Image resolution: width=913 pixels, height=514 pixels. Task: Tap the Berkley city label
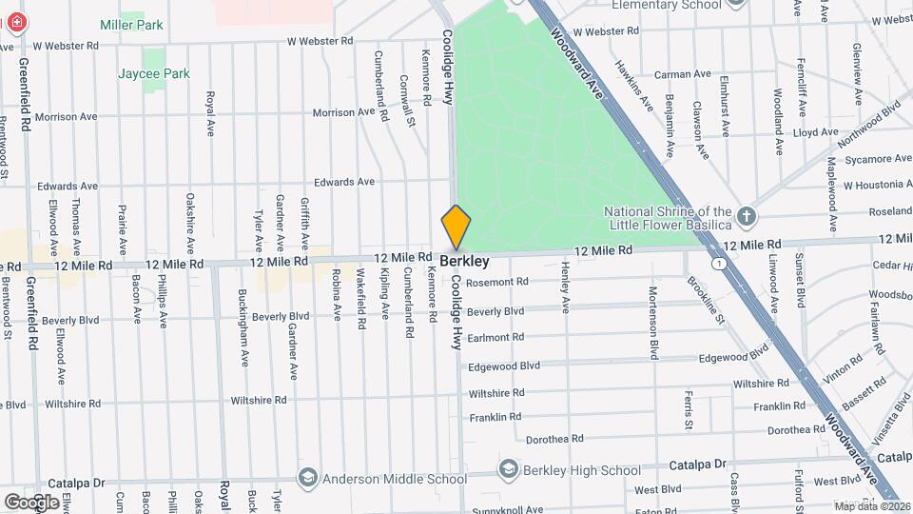464,261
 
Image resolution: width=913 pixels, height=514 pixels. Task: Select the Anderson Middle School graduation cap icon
307,477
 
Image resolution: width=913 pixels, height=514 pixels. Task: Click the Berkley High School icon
509,470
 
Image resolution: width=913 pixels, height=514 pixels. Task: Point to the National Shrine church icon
746,217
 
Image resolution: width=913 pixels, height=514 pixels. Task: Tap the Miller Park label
131,25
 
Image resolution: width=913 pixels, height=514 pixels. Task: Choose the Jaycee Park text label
154,73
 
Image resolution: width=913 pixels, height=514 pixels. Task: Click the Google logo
31,502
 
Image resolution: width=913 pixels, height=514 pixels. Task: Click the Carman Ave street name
682,73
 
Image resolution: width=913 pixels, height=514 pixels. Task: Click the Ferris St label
687,408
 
